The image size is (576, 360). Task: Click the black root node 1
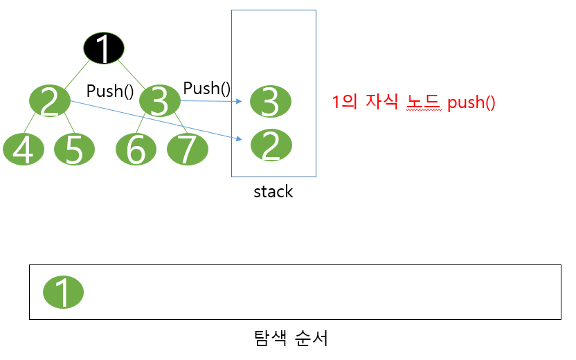tap(104, 48)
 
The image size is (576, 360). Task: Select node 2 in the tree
tap(50, 102)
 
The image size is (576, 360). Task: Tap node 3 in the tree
tap(159, 102)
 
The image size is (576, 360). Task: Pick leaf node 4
tap(24, 150)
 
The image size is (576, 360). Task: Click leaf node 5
tap(75, 150)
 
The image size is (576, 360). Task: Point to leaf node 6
tap(136, 150)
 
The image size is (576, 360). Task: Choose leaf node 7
tap(187, 150)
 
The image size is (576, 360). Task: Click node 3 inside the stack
tap(271, 102)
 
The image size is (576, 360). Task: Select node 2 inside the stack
tap(271, 145)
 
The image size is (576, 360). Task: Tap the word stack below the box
tap(273, 192)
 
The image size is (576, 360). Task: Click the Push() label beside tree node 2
tap(110, 91)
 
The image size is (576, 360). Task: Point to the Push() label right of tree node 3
tap(206, 88)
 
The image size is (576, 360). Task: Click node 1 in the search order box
tap(63, 292)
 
